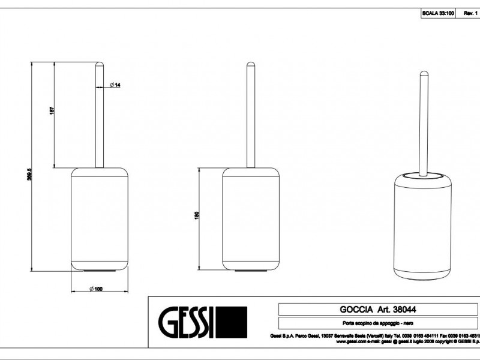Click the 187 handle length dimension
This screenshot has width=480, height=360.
(52, 112)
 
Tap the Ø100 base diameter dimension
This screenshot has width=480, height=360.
(96, 289)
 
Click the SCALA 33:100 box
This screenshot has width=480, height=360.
(438, 13)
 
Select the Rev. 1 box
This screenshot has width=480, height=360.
(470, 13)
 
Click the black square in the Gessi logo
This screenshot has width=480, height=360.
(232, 322)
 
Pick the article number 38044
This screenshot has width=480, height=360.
(405, 310)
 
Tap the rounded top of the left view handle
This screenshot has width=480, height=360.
(100, 64)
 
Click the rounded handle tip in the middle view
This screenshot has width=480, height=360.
(251, 64)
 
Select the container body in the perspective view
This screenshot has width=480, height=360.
(424, 234)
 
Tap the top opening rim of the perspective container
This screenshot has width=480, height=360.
(424, 175)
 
